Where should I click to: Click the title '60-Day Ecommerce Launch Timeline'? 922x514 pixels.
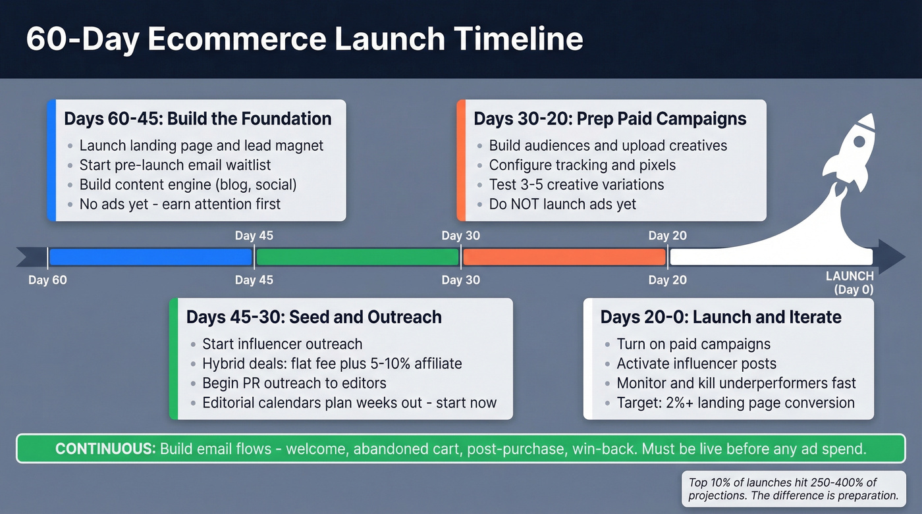coord(304,39)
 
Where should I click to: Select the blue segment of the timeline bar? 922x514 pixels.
coord(150,257)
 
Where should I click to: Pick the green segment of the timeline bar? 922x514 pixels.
coord(357,257)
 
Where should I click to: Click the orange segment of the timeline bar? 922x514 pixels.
coord(564,257)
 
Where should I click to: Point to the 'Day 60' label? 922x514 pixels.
coord(47,280)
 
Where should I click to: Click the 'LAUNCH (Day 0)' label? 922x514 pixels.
coord(850,283)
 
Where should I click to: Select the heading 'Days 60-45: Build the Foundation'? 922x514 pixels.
coord(198,119)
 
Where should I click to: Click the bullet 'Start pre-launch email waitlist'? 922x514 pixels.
coord(175,165)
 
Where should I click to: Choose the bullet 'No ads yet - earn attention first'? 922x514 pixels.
coord(180,204)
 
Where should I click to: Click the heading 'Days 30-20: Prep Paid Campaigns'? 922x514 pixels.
coord(610,119)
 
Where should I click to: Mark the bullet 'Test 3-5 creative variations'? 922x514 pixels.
coord(576,184)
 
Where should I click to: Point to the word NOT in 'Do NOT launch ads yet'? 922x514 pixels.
coord(527,204)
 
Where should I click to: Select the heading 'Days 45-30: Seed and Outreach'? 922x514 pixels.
coord(314,317)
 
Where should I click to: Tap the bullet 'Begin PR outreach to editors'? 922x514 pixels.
coord(294,383)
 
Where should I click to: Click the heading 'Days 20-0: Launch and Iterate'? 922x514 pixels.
coord(720,317)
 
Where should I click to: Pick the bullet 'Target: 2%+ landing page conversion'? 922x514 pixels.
coord(736,403)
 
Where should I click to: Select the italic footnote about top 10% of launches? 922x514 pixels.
coord(793,489)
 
